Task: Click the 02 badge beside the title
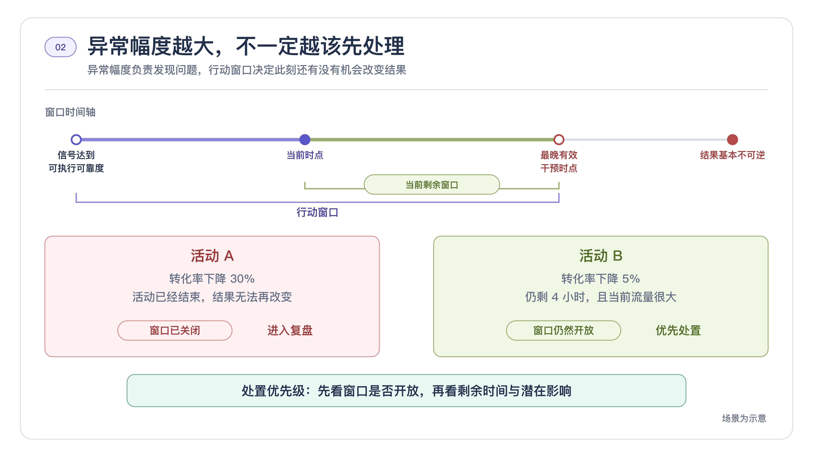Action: click(x=60, y=47)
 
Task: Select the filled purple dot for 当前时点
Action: click(x=305, y=139)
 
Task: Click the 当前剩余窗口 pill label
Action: click(x=432, y=184)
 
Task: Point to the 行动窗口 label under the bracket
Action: click(x=317, y=212)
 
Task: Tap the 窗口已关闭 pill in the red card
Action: click(x=175, y=330)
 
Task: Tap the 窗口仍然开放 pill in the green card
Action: click(x=563, y=330)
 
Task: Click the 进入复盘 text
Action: click(x=290, y=330)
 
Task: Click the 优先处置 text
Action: click(x=678, y=330)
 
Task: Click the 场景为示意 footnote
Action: click(x=744, y=418)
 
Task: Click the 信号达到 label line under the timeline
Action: click(x=76, y=155)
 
